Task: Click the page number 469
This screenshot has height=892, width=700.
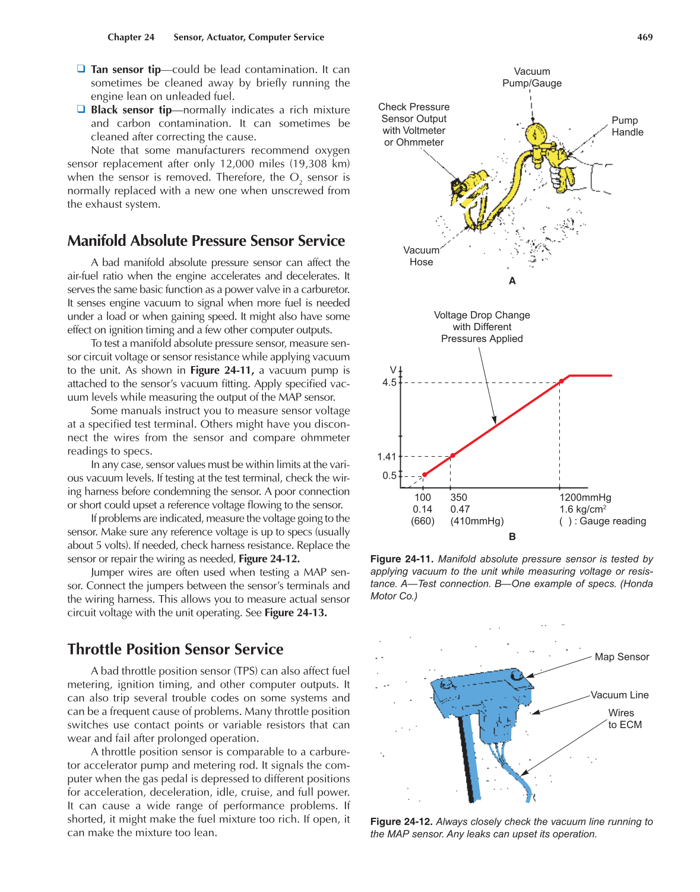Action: (645, 37)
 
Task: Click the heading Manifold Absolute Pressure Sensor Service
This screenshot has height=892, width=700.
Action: (206, 241)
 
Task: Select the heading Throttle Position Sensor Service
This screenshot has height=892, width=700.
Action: (175, 649)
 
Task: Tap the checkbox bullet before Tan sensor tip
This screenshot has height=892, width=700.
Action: (81, 69)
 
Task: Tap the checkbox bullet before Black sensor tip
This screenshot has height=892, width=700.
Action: (81, 109)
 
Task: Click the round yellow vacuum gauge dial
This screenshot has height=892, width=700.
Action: (536, 134)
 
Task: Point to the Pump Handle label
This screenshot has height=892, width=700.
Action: (627, 126)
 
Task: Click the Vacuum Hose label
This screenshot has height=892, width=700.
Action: (421, 256)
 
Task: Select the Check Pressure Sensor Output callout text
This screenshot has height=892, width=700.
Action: (414, 124)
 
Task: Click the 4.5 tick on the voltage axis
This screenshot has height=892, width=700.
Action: (389, 382)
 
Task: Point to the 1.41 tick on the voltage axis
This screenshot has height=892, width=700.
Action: (387, 457)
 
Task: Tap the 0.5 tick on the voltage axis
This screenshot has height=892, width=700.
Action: (389, 476)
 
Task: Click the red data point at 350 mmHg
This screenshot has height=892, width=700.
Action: (452, 456)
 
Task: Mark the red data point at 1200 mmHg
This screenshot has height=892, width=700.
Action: (561, 382)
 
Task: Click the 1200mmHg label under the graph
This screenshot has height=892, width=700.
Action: (585, 498)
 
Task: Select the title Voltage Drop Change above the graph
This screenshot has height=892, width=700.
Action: (482, 315)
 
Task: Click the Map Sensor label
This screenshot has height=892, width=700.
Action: (622, 657)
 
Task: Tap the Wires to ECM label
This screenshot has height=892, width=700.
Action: (624, 719)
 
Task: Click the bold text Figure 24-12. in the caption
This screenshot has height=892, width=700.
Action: (401, 822)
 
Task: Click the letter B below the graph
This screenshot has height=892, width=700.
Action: (512, 537)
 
